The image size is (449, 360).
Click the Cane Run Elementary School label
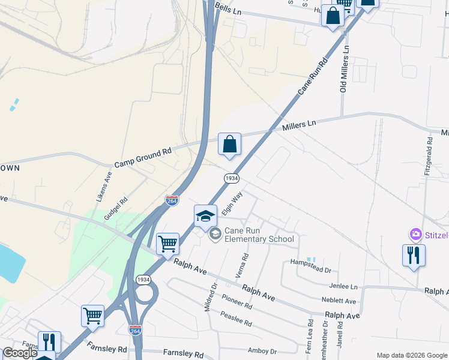click(x=259, y=235)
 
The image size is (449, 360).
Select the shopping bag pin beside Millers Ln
click(x=229, y=145)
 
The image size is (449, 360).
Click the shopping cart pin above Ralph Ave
click(x=167, y=244)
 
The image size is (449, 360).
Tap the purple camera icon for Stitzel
click(x=415, y=233)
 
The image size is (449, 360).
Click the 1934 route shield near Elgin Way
click(x=232, y=179)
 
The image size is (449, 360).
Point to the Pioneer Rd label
click(x=237, y=302)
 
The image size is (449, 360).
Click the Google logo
click(x=20, y=353)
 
